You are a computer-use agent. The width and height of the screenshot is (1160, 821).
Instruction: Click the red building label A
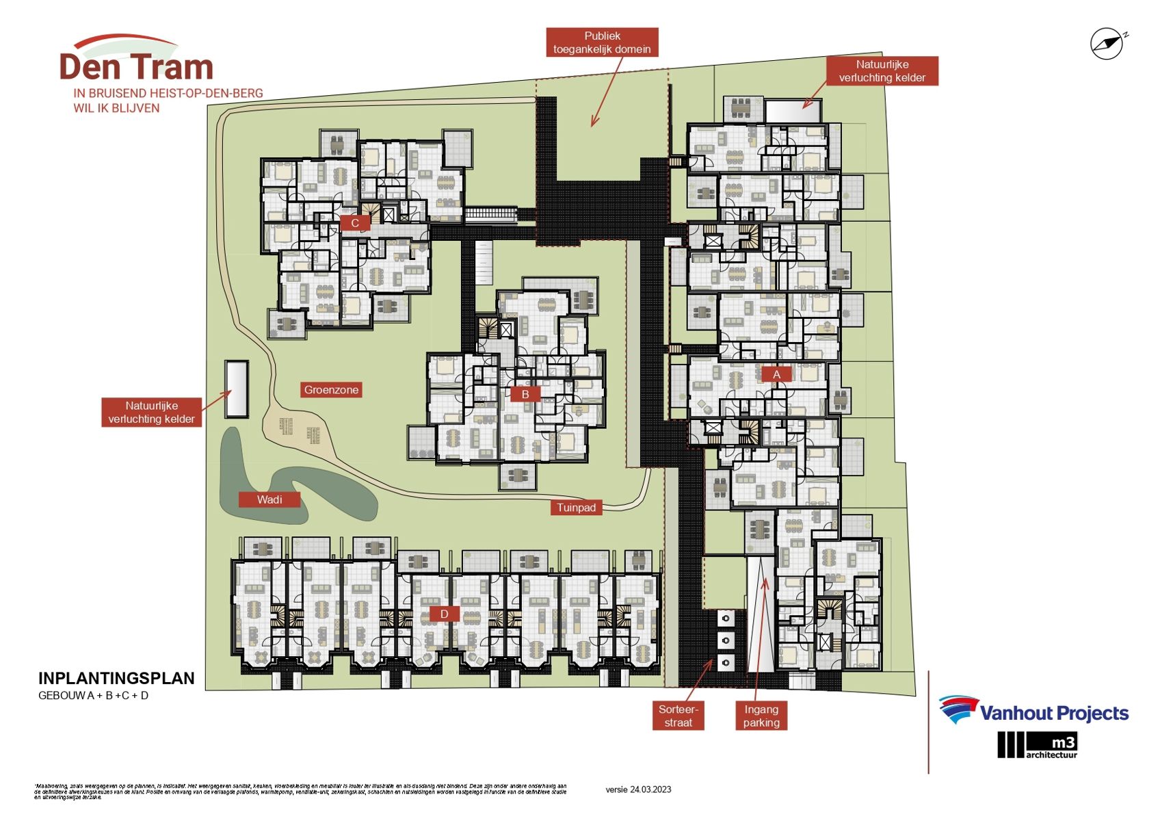click(x=776, y=374)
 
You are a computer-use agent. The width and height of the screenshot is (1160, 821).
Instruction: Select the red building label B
click(x=525, y=394)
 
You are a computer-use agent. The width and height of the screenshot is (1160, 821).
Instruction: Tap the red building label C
click(x=354, y=223)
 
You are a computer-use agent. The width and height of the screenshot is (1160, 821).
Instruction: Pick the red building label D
click(x=444, y=614)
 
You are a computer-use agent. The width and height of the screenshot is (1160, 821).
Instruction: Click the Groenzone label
click(x=331, y=390)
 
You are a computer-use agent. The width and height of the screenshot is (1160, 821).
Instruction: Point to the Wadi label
click(x=269, y=499)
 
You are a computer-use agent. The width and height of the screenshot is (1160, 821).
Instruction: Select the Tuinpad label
click(x=576, y=508)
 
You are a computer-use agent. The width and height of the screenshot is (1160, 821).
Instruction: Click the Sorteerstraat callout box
click(x=678, y=716)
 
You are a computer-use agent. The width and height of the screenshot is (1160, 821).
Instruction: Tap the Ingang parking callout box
click(x=761, y=716)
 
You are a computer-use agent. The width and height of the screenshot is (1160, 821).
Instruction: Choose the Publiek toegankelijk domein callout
click(x=602, y=42)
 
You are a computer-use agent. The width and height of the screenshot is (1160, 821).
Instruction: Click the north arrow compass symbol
click(x=1107, y=44)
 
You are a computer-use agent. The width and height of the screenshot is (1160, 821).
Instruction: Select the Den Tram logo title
click(x=137, y=67)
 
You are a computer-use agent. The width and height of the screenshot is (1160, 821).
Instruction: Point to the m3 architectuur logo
click(x=1038, y=745)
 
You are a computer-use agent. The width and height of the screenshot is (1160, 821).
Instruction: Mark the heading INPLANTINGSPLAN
click(x=116, y=678)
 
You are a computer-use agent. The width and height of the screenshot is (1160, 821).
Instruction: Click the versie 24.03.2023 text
click(x=638, y=790)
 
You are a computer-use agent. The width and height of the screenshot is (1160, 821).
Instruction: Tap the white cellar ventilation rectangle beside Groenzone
click(x=237, y=389)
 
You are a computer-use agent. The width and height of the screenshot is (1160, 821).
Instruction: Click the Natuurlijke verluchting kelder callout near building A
click(x=882, y=71)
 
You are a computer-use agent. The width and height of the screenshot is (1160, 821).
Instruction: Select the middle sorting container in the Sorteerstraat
click(x=725, y=640)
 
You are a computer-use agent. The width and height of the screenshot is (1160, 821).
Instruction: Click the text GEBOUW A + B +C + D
click(x=94, y=696)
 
